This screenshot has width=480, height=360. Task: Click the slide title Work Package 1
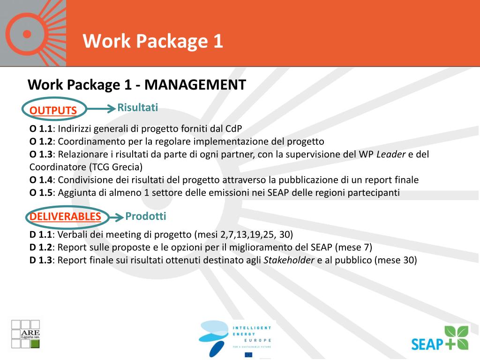click(x=153, y=41)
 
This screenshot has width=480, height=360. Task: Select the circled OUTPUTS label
click(x=53, y=110)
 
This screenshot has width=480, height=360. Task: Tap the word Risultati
click(x=137, y=107)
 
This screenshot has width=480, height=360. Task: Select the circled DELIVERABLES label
click(x=65, y=217)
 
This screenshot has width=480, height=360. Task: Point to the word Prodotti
click(x=146, y=216)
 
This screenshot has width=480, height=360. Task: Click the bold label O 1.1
click(x=41, y=129)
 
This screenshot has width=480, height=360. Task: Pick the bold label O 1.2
click(x=41, y=142)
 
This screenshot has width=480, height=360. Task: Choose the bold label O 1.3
click(x=41, y=154)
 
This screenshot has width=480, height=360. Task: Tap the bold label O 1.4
click(x=41, y=180)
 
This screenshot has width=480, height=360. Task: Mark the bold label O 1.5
click(x=41, y=193)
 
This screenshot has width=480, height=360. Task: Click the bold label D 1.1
click(x=41, y=234)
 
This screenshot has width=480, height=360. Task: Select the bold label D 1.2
click(x=41, y=247)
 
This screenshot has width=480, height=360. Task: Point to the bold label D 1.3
click(x=41, y=260)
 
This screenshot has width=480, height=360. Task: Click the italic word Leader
click(x=391, y=154)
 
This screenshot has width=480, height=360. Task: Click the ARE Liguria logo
click(x=26, y=334)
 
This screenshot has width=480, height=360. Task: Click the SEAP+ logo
click(x=440, y=338)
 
